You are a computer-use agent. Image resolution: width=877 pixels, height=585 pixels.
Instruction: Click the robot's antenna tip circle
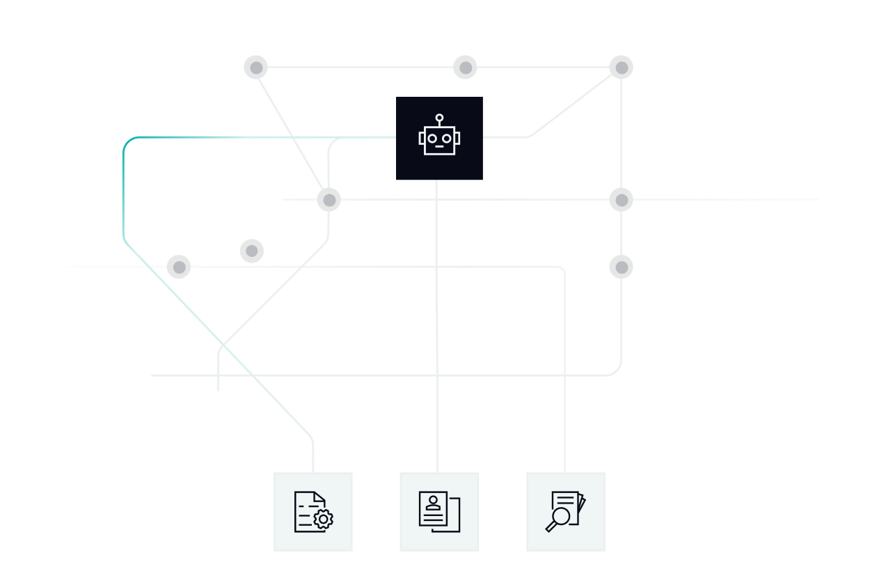click(439, 118)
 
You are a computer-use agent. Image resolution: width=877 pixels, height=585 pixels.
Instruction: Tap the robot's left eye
click(432, 139)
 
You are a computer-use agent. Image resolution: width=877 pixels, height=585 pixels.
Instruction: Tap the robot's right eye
click(447, 139)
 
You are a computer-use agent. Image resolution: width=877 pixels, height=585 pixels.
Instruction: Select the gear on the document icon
click(323, 520)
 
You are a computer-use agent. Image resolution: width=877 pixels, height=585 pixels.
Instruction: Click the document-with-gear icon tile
click(313, 512)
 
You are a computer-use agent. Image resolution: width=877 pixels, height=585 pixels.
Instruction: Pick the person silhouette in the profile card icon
click(434, 502)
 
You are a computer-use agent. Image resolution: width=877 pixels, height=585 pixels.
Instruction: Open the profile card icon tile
click(439, 512)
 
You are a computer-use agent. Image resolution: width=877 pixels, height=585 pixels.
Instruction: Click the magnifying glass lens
click(560, 516)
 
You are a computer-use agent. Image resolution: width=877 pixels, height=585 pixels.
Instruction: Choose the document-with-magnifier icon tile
click(566, 512)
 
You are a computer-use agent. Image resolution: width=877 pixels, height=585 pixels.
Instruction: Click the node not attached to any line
click(252, 251)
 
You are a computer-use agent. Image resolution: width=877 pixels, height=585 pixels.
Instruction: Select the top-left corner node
click(256, 68)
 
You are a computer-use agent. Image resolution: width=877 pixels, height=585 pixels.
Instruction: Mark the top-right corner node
click(621, 68)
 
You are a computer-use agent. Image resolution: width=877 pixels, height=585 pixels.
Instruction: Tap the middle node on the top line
click(465, 68)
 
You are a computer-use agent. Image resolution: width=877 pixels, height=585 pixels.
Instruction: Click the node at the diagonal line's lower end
click(329, 200)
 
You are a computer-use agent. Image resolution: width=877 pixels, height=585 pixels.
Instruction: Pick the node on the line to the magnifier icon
click(179, 267)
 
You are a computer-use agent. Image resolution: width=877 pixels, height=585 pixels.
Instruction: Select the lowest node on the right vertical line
click(621, 267)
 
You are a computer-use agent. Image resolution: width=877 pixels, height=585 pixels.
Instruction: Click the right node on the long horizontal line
click(621, 200)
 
